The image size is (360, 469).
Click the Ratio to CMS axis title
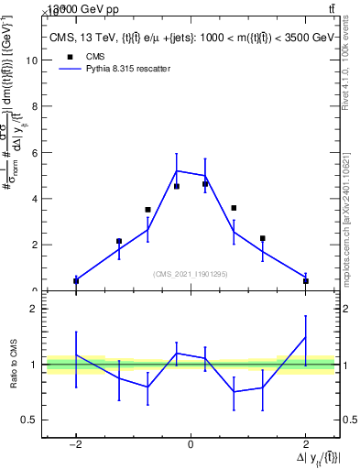(x=13, y=365)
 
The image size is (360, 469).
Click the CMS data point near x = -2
(x=76, y=281)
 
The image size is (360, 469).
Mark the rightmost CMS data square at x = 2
(x=305, y=281)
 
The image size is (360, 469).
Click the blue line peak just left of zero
(x=176, y=170)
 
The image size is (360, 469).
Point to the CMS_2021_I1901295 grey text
(x=191, y=273)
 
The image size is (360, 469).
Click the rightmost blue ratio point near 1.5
(x=305, y=337)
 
